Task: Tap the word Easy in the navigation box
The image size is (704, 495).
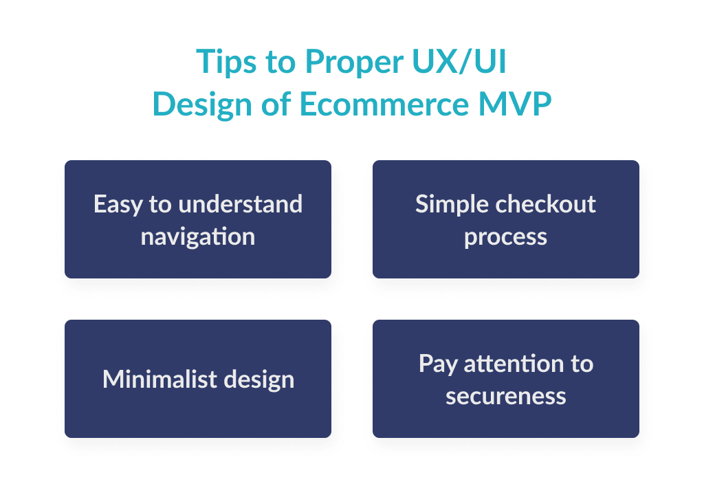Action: (115, 204)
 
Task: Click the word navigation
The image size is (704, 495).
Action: (198, 236)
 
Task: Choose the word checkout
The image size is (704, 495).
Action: (544, 204)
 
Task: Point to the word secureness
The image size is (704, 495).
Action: (506, 396)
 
